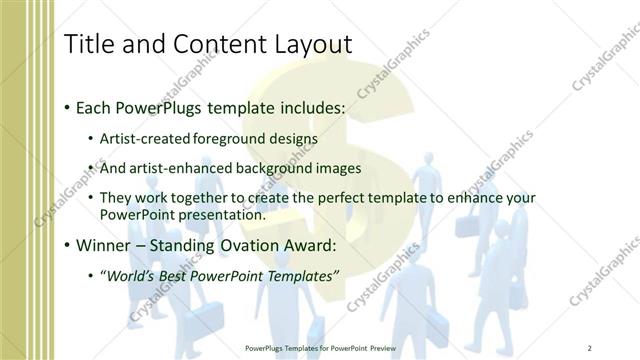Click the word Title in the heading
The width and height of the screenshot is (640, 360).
88,44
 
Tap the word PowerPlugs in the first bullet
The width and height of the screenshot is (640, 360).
149,105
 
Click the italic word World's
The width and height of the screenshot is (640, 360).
131,274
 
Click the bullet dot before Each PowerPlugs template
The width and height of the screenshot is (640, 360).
66,106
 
